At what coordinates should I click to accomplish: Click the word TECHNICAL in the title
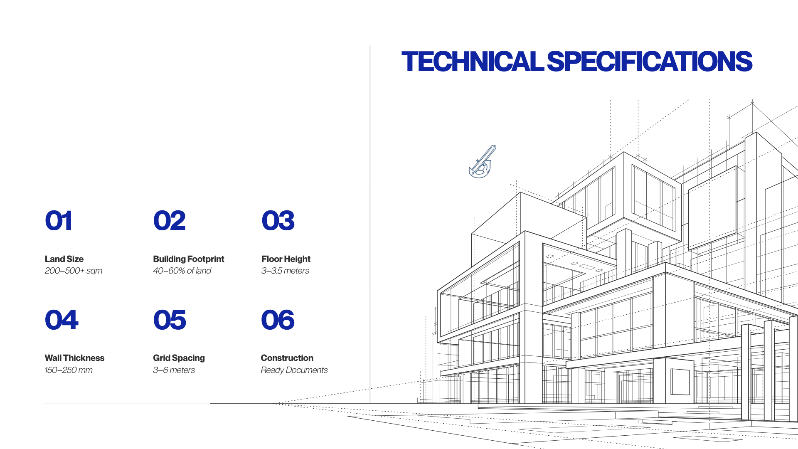(x=473, y=62)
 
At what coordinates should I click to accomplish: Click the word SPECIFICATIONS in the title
(x=650, y=62)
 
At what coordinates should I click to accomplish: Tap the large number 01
(x=59, y=221)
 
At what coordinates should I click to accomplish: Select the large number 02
(x=169, y=221)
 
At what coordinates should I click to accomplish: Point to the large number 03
(x=278, y=221)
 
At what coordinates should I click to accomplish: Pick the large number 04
(x=62, y=320)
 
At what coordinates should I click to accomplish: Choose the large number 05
(x=170, y=320)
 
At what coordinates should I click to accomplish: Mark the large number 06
(x=278, y=320)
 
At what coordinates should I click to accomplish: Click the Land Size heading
(x=64, y=259)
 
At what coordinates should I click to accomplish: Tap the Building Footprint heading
(x=189, y=259)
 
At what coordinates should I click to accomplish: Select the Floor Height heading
(x=286, y=259)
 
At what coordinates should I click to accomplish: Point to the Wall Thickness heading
(x=74, y=358)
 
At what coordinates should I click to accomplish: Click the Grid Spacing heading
(x=179, y=358)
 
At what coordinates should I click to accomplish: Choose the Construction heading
(x=287, y=358)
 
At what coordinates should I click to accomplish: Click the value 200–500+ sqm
(x=74, y=271)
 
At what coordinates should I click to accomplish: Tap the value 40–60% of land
(x=182, y=271)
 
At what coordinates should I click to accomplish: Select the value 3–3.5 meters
(x=285, y=271)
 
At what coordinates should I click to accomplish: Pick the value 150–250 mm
(x=69, y=370)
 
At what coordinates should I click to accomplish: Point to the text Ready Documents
(x=294, y=370)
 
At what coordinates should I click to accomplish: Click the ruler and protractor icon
(x=482, y=162)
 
